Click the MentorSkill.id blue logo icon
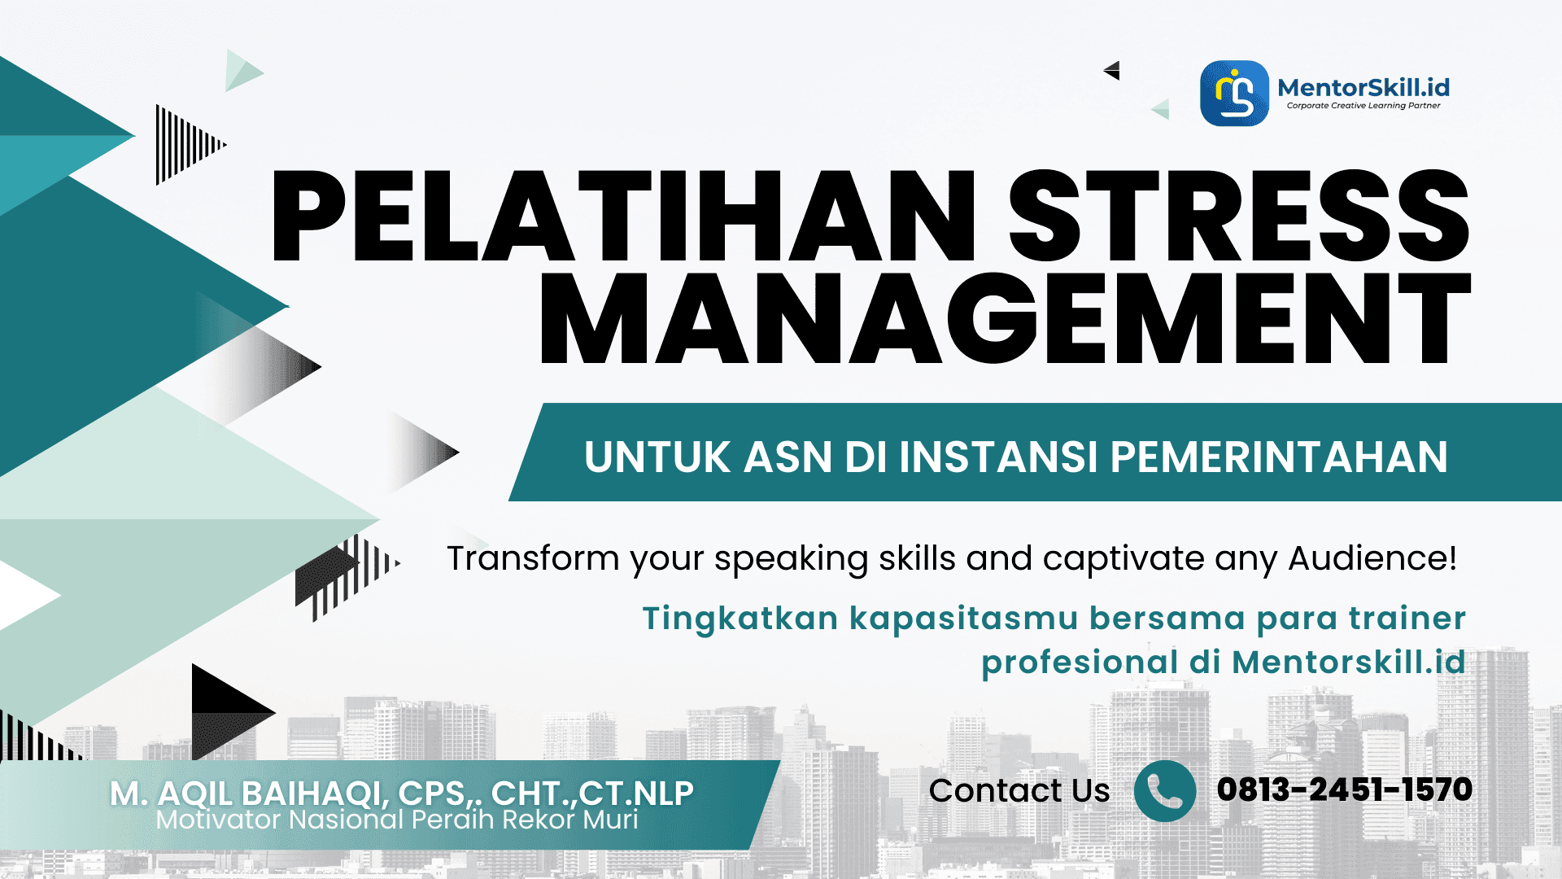[1234, 93]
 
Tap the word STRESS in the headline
[1238, 217]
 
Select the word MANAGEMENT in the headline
[1005, 319]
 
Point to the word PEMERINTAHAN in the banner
[1278, 457]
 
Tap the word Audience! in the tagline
[1372, 558]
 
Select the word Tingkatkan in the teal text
[740, 619]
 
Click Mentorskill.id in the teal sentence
[1348, 663]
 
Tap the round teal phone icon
[1164, 790]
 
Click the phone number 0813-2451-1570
[1344, 789]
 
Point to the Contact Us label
[1019, 790]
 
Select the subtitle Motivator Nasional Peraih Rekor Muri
[397, 820]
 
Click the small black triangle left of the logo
[1114, 71]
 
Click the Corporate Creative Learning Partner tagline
[1363, 106]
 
